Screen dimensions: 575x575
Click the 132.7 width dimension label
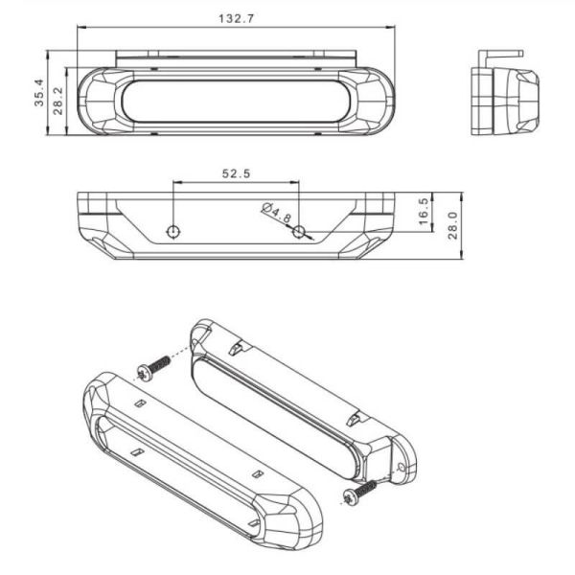236,18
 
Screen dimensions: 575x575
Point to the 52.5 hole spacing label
236,173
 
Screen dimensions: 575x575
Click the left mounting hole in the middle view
172,231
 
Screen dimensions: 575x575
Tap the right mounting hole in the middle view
299,231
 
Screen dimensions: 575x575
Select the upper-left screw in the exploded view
153,367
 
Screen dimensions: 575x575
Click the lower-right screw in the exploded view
360,494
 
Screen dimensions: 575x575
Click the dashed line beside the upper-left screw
180,352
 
